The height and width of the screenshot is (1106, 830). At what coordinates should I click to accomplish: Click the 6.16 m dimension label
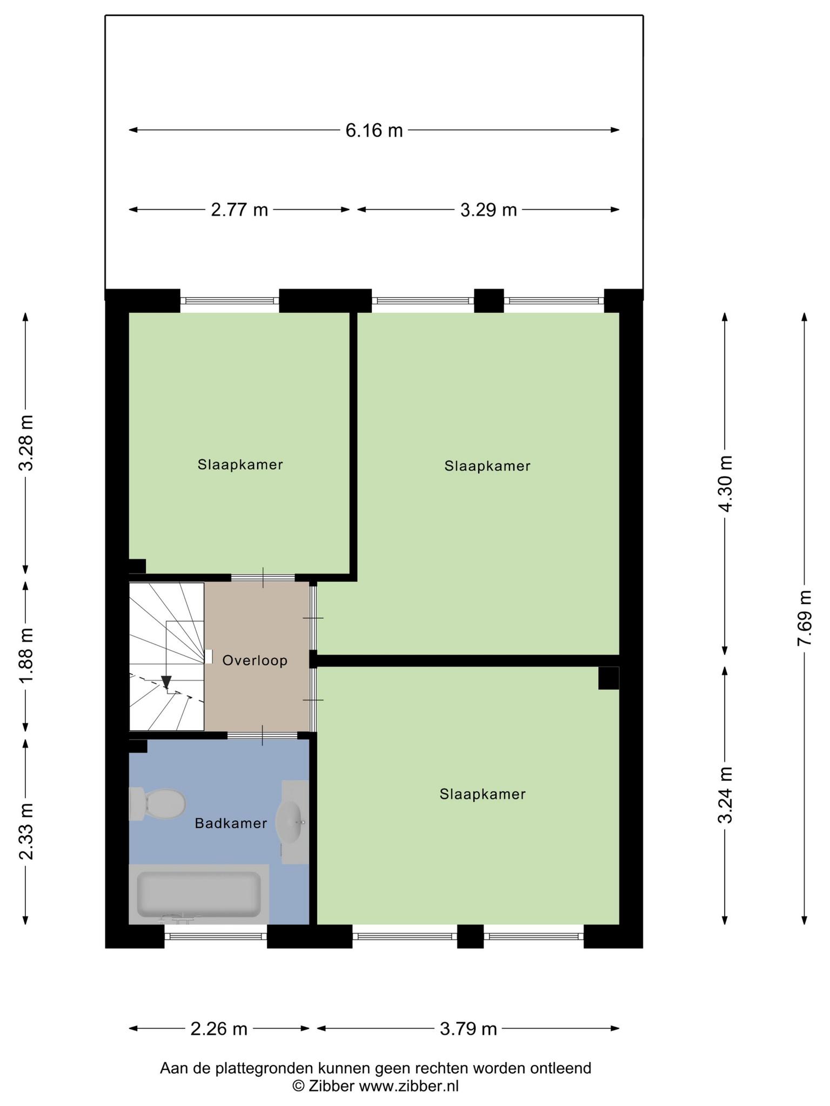click(x=374, y=131)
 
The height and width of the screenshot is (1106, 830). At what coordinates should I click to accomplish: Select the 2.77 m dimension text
click(x=239, y=210)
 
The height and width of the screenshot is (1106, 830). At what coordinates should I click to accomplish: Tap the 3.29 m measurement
click(x=488, y=210)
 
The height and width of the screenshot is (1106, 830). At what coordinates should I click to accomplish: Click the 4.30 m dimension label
click(x=726, y=484)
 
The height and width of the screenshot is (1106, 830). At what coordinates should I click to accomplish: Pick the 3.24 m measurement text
click(x=726, y=795)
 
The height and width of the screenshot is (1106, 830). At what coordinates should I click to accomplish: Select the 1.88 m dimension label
click(x=26, y=656)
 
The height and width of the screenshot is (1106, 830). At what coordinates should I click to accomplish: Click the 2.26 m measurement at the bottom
click(x=219, y=1029)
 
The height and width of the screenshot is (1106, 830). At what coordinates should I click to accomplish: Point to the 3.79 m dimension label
click(x=468, y=1029)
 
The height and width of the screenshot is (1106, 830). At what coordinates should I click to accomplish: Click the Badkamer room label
click(x=231, y=823)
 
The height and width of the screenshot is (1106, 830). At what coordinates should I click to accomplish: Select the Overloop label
click(x=255, y=660)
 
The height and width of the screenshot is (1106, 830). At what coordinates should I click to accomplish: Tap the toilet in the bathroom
click(x=157, y=804)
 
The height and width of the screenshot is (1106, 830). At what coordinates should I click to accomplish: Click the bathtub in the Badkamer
click(x=199, y=894)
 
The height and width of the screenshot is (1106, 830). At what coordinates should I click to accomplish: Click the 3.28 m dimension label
click(x=26, y=443)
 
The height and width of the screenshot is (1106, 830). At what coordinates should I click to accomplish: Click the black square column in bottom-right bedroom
click(x=608, y=678)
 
